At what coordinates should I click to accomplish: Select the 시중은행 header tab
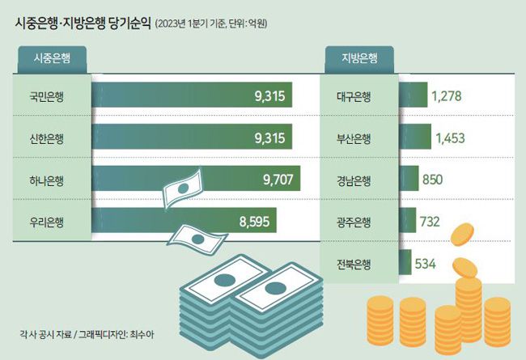pyautogui.click(x=51, y=58)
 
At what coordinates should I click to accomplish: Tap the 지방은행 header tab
pyautogui.click(x=358, y=58)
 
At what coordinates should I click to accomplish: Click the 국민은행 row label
pyautogui.click(x=47, y=96)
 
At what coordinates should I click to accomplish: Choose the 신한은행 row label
pyautogui.click(x=47, y=138)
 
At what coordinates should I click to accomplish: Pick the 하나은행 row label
pyautogui.click(x=47, y=179)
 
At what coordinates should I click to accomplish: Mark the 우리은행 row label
pyautogui.click(x=47, y=220)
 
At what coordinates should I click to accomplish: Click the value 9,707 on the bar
pyautogui.click(x=278, y=179)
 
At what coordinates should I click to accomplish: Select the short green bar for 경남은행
pyautogui.click(x=409, y=179)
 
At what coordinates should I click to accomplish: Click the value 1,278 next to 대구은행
pyautogui.click(x=447, y=96)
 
